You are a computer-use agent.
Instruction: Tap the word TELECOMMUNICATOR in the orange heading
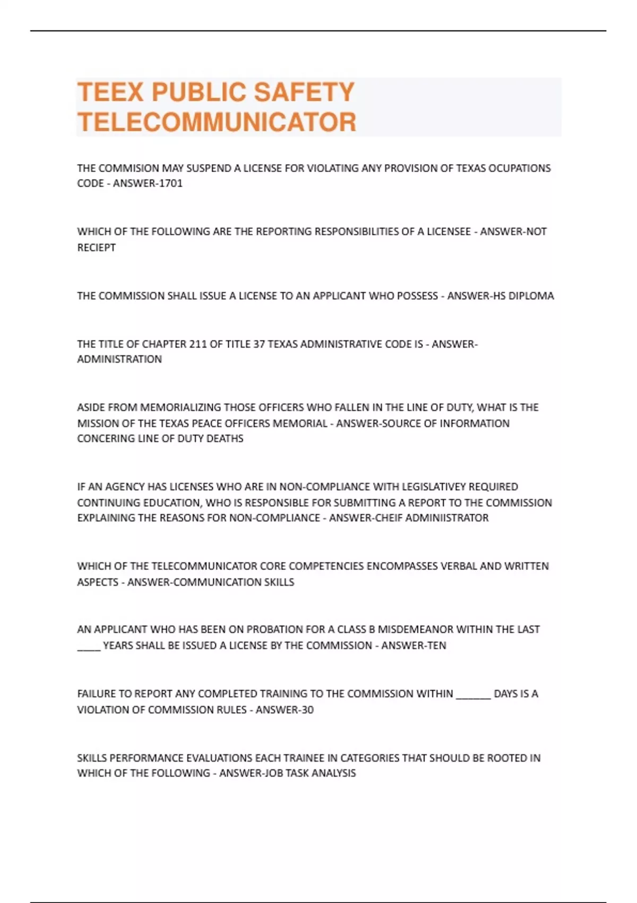click(217, 122)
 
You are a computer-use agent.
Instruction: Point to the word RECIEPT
click(96, 248)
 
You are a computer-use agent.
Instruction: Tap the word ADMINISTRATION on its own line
click(119, 360)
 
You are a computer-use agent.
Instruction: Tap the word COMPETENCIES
click(326, 566)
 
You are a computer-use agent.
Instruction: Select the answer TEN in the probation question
click(436, 646)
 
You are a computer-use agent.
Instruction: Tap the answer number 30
click(307, 710)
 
